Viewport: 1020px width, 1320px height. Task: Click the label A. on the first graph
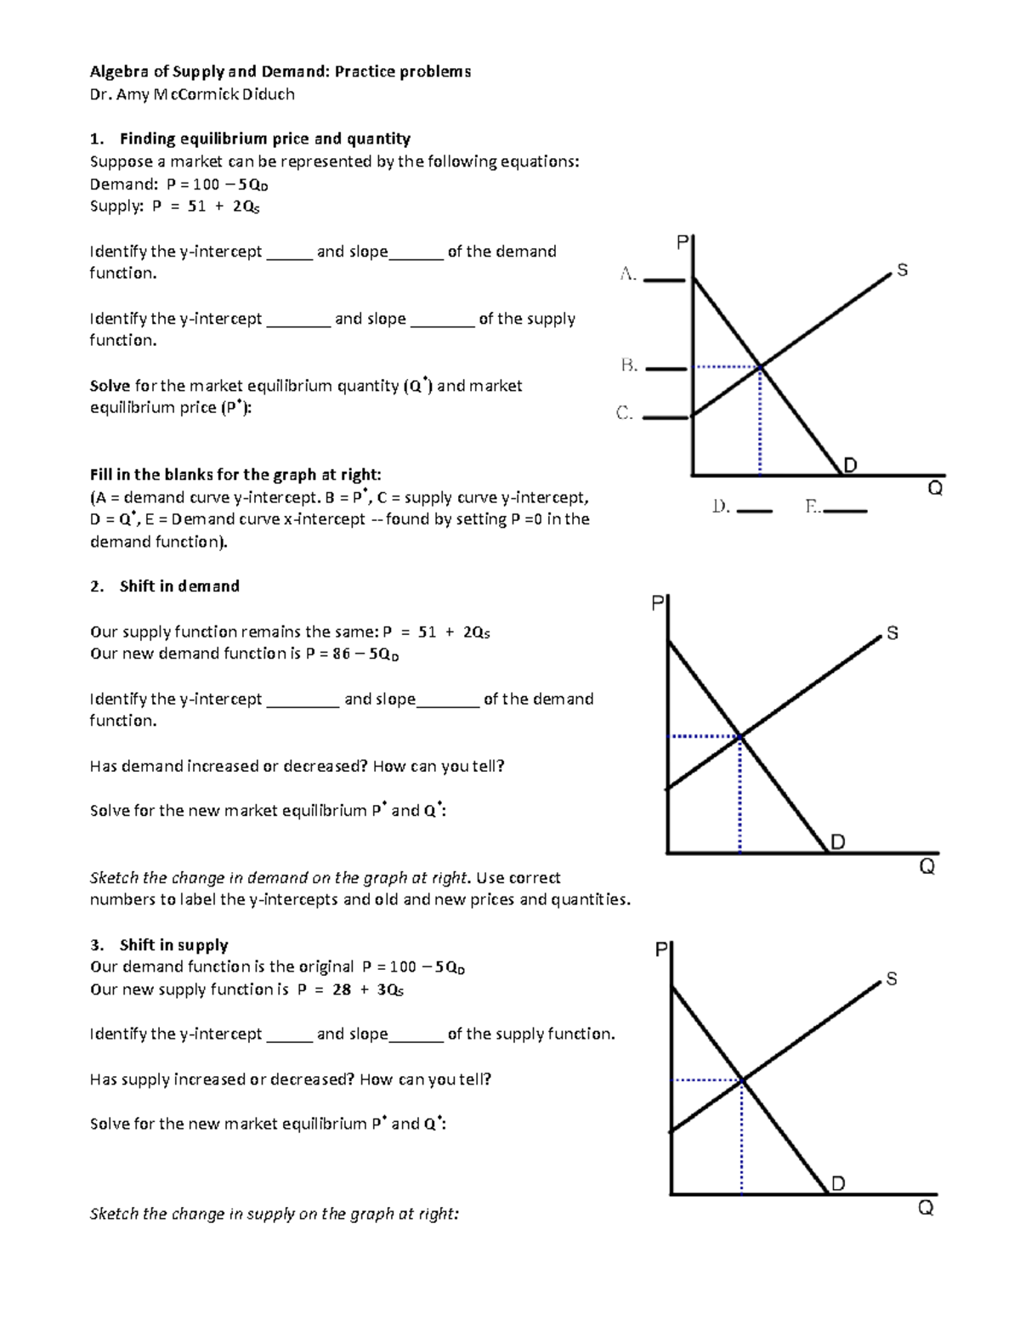628,274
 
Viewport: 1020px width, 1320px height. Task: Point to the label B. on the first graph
629,365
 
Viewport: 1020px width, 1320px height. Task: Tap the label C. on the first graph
625,413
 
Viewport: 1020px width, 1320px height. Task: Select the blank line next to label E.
846,511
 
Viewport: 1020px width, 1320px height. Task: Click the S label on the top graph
902,270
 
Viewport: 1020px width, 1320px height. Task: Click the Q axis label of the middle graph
926,867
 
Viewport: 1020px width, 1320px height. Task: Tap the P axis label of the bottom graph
661,949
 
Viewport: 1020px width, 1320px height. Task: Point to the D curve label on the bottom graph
838,1183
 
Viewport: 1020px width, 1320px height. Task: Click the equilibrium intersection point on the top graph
760,367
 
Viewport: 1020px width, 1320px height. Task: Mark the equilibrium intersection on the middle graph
740,736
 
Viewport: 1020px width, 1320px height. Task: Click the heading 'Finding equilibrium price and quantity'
264,139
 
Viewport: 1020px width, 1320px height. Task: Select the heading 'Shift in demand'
179,586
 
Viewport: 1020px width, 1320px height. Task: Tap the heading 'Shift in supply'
173,945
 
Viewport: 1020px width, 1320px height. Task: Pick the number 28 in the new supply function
342,989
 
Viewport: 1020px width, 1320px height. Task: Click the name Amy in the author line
133,94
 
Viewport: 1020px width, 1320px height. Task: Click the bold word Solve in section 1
110,386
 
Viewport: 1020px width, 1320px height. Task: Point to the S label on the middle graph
892,633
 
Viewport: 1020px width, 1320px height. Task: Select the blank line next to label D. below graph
754,511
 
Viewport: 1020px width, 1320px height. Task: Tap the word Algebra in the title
119,71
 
